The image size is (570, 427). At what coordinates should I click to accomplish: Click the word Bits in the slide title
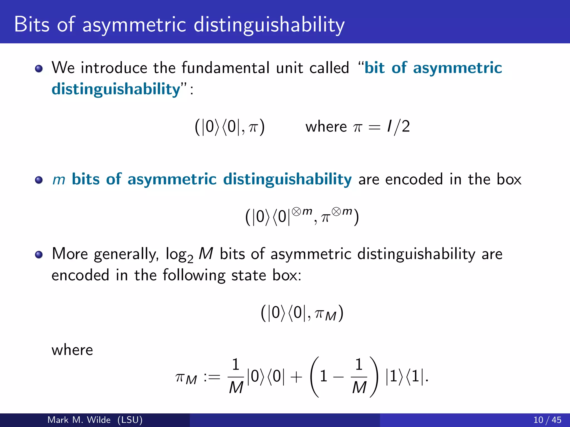tap(32, 24)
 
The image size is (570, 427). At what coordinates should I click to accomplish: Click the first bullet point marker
tap(39, 68)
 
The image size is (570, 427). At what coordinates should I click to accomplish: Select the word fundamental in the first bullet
tap(225, 68)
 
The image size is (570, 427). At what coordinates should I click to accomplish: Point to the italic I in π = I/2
tap(389, 126)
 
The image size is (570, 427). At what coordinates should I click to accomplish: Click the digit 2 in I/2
tap(406, 127)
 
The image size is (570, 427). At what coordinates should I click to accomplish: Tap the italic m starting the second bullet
tap(59, 180)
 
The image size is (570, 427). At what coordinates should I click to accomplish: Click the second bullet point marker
tap(39, 180)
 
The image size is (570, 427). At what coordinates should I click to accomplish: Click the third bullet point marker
tap(39, 254)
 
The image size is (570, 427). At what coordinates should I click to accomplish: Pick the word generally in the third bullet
tap(126, 254)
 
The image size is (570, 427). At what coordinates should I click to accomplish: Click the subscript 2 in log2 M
tap(190, 260)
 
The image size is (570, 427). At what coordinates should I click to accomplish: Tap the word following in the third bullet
tap(194, 275)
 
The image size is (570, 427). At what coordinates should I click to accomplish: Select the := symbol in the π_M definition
tap(212, 377)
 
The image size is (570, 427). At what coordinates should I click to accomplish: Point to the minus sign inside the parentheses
tap(338, 377)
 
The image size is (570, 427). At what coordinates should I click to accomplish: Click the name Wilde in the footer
tap(99, 420)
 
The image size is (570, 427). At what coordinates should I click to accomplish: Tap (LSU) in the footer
tap(130, 420)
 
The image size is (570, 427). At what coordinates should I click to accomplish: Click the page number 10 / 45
tap(547, 420)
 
